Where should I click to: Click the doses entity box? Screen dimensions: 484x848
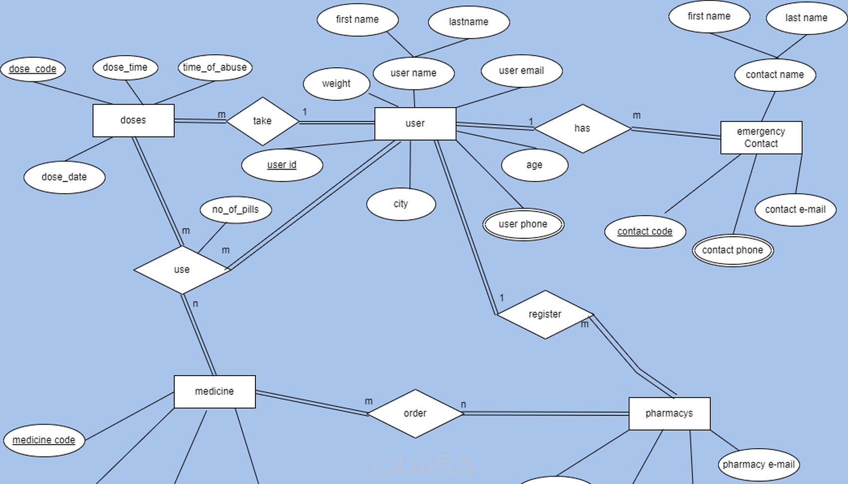coord(133,120)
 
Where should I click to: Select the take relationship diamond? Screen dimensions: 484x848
coord(262,121)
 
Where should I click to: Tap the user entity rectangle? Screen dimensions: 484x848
coord(415,123)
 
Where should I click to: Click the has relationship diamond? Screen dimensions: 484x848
coord(582,128)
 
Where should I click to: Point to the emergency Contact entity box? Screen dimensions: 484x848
coord(761,137)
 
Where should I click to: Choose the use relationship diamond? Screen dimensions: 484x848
coord(182,269)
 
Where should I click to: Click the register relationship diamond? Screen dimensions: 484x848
coord(545,314)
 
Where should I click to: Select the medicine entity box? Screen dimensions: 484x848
coord(214,391)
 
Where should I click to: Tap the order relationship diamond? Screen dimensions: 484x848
coord(415,413)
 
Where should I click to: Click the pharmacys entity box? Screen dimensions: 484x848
coord(669,413)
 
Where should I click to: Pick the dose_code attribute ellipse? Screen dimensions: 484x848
coord(33,69)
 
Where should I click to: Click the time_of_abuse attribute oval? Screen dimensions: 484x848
coord(214,67)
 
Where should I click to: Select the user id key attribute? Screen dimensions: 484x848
coord(282,165)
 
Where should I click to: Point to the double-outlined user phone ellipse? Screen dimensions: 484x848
coord(523,224)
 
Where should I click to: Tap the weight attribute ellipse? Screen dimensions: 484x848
coord(336,83)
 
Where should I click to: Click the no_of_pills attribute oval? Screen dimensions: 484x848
coord(235,209)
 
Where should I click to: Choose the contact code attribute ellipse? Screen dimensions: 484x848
coord(644,232)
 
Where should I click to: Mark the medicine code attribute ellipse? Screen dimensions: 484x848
coord(44,440)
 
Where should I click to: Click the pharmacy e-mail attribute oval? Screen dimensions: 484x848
coord(758,465)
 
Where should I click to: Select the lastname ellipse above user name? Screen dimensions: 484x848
coord(468,22)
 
